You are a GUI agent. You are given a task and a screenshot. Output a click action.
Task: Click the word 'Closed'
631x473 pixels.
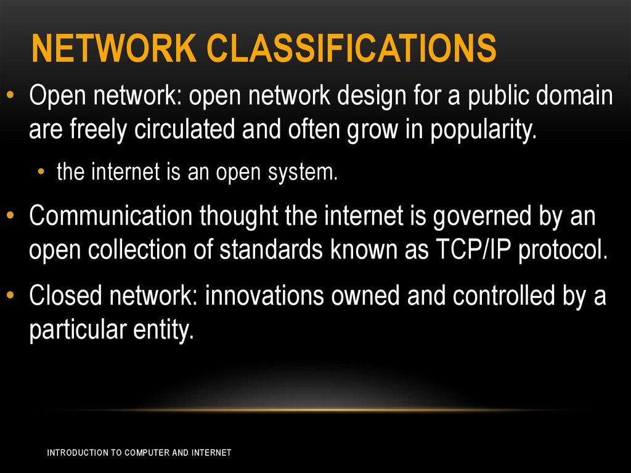(x=65, y=296)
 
